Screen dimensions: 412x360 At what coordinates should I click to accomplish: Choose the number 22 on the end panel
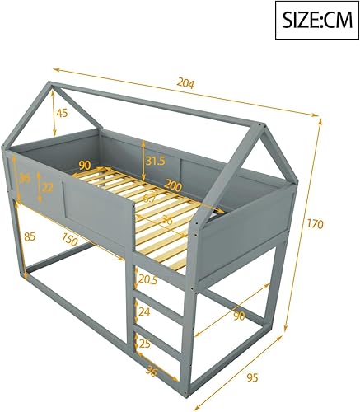48,188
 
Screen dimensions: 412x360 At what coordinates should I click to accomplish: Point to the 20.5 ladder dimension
149,280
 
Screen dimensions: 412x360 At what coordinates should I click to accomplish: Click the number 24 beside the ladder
145,312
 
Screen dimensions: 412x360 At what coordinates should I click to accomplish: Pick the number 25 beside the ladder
145,343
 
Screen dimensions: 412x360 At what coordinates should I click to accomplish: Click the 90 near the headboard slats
85,164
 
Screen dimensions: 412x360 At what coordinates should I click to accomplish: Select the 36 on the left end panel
25,179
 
